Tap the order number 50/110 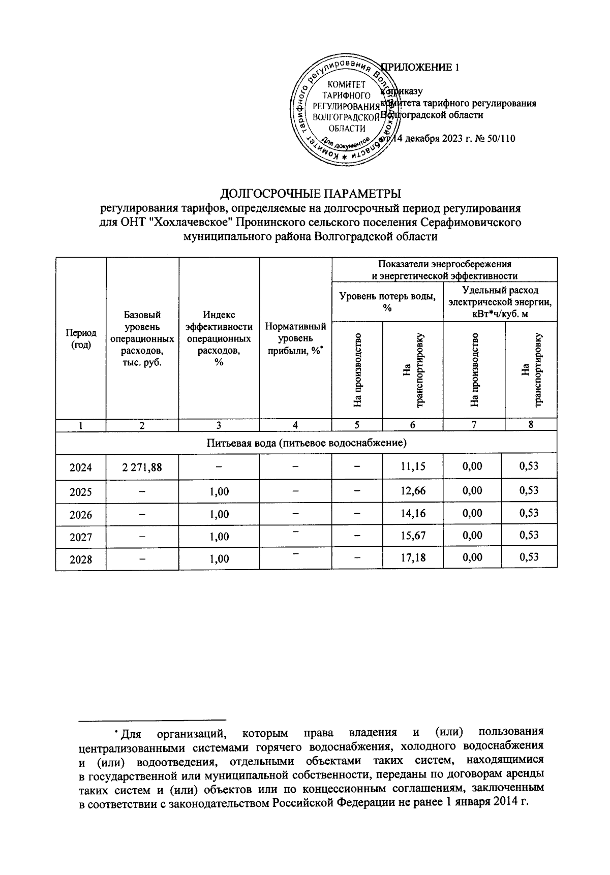(x=501, y=138)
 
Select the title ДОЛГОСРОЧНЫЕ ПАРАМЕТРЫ (x=310, y=194)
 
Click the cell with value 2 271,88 (x=142, y=466)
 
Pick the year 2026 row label (x=81, y=515)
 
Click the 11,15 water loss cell (x=413, y=466)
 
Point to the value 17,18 (x=413, y=558)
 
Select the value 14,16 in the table (x=413, y=513)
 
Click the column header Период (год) (x=81, y=338)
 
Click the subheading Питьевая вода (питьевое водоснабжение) (x=307, y=443)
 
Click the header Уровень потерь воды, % (x=387, y=303)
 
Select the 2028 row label (x=81, y=559)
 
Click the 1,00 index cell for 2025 (x=219, y=491)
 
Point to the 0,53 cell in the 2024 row (x=529, y=465)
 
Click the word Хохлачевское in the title (x=192, y=223)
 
